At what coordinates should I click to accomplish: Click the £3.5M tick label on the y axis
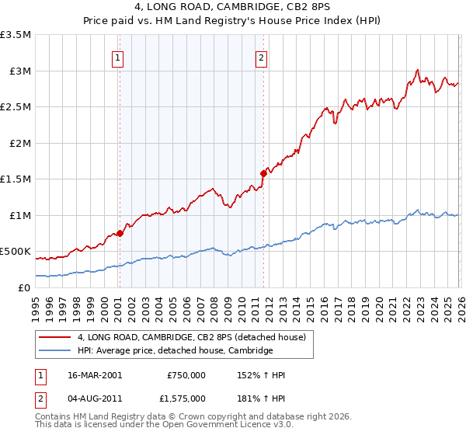16,35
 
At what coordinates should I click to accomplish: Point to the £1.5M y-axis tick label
16,179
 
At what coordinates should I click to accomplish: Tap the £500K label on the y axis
16,252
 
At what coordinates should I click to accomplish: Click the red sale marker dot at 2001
120,233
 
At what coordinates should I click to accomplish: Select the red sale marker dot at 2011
263,174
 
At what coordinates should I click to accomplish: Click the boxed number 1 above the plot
118,57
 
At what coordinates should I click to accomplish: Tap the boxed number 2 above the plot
262,57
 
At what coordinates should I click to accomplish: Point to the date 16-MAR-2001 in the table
94,375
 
